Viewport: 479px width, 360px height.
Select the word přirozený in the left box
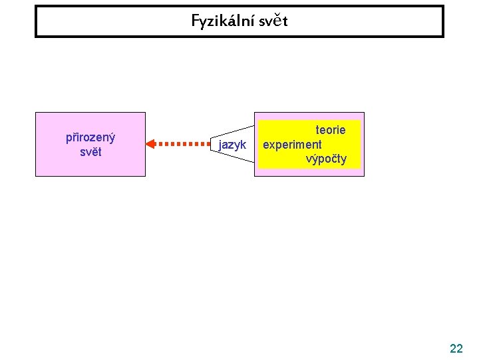(90, 137)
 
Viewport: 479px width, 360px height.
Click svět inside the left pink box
(90, 151)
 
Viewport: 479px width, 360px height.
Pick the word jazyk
(232, 145)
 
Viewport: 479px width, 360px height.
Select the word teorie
(330, 130)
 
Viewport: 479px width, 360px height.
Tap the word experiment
(292, 144)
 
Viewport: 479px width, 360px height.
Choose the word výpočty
(326, 159)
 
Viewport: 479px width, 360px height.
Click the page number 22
(456, 348)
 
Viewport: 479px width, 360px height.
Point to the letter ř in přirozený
(75, 137)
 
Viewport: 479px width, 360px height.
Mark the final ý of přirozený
(112, 138)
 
